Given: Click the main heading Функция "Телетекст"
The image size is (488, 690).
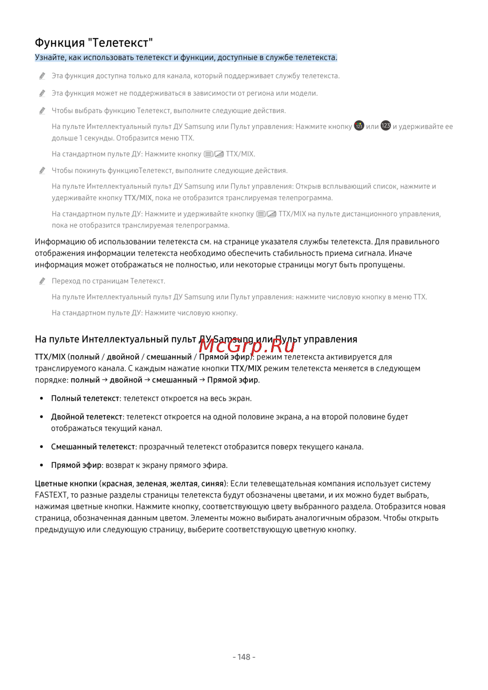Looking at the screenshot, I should (94, 43).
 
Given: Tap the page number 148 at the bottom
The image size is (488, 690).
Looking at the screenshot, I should (244, 657).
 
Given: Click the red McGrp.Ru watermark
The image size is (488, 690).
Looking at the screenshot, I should (247, 345).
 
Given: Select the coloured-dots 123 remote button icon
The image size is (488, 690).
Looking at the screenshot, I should (359, 126).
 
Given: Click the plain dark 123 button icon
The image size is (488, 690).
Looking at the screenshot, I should (386, 126).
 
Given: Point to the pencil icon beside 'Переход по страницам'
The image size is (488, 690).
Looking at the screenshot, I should (42, 281).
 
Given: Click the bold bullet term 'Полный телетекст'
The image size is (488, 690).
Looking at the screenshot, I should (85, 398).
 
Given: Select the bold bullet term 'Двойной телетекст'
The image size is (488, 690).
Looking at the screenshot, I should (87, 417).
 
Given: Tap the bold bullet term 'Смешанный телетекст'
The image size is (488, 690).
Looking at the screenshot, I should (93, 446).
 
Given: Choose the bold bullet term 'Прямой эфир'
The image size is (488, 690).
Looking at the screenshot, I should (76, 465).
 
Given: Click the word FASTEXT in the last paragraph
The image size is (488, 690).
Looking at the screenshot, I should (51, 495).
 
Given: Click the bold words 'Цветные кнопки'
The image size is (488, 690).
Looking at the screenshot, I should (66, 484).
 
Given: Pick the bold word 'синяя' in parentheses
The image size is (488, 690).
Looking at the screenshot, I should (212, 484).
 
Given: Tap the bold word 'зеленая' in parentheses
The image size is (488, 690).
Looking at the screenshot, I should (151, 484).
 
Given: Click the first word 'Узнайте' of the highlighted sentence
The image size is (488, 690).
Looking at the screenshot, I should (50, 58).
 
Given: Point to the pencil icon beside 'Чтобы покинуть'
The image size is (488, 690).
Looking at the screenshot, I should (42, 171).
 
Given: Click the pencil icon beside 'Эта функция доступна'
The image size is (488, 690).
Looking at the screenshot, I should (42, 76).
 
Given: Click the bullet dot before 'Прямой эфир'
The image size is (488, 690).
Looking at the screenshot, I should (42, 466).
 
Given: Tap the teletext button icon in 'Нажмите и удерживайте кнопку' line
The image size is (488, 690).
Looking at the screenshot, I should (266, 214).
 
